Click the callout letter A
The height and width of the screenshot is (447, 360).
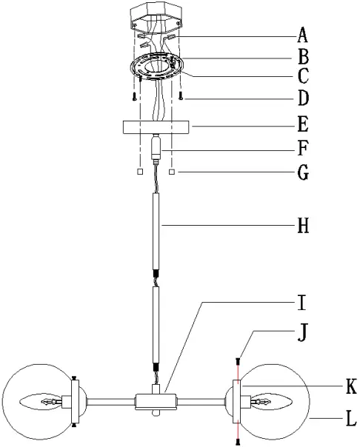[x=303, y=35]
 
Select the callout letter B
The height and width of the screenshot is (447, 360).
[x=303, y=56]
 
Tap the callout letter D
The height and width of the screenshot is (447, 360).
[x=303, y=98]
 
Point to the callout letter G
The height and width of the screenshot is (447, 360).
[x=303, y=172]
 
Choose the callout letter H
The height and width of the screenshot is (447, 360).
[x=303, y=226]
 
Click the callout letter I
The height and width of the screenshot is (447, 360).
[x=301, y=303]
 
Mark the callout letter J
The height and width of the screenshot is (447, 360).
[x=302, y=332]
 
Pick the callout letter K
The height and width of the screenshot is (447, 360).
[x=351, y=386]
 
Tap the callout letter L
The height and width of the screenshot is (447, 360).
[x=351, y=419]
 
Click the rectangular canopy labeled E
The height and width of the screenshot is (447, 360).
[x=156, y=127]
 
